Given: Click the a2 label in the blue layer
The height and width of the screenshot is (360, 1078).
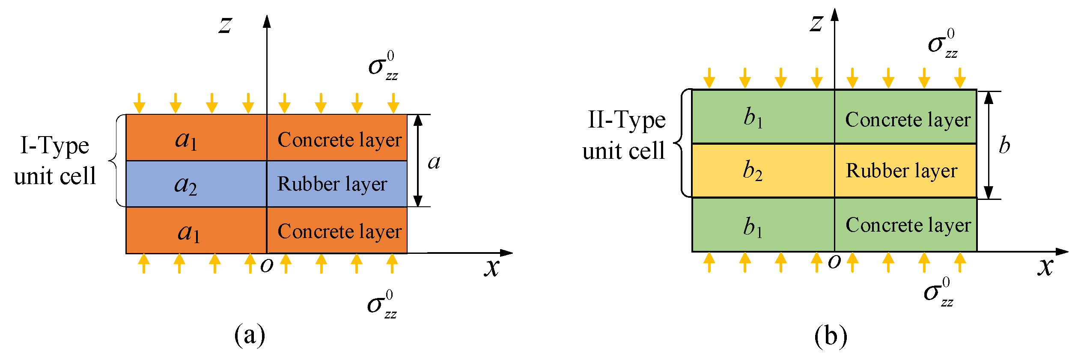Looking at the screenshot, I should tap(186, 185).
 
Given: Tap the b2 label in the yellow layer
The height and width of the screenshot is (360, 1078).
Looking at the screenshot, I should tap(753, 170).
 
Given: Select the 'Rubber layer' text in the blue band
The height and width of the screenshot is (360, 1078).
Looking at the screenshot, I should tap(332, 184).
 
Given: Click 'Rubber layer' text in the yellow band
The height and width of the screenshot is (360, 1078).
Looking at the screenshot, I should tap(901, 171).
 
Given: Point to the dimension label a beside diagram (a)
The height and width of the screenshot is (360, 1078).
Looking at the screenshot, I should tap(434, 162).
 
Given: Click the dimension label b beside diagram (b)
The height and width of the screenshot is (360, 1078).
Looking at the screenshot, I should tap(1004, 146).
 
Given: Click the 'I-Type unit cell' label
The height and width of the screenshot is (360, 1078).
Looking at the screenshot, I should tap(55, 161).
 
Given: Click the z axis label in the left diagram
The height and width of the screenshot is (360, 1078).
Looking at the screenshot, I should tap(225, 25).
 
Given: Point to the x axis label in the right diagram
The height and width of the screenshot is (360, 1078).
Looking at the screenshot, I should tap(1045, 266).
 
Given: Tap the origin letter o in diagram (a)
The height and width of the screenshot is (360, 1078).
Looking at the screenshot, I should tap(267, 265).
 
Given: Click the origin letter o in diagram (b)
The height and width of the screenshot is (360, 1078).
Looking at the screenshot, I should tap(834, 262).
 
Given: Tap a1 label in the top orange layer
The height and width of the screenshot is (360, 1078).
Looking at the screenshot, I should tap(187, 140).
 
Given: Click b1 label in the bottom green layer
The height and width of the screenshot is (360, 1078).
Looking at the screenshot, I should tap(753, 227).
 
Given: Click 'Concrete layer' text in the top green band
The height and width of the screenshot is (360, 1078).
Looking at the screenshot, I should tap(908, 119).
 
